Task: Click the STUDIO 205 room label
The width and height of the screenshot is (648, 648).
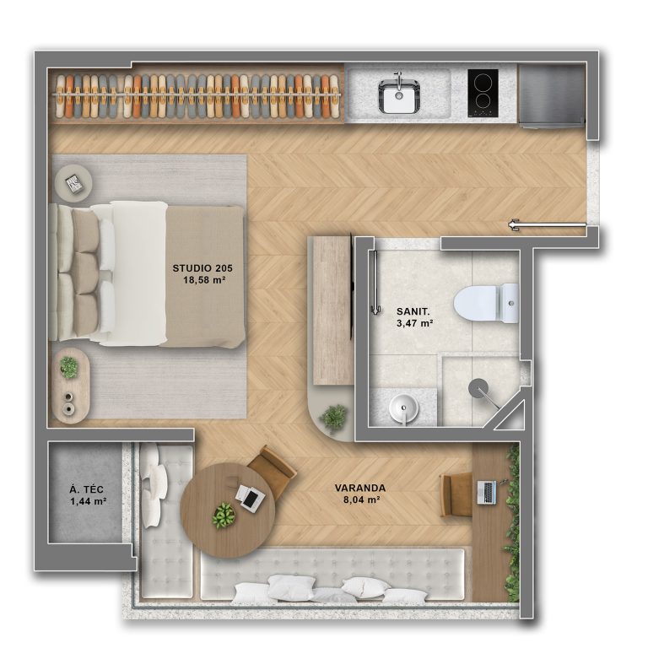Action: (202, 268)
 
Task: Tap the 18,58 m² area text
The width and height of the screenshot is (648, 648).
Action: (204, 280)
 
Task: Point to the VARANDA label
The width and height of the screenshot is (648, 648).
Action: (360, 488)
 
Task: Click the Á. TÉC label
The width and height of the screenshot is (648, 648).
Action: (86, 490)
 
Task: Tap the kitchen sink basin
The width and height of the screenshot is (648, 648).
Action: (399, 96)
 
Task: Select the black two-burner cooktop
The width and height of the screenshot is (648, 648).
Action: (483, 93)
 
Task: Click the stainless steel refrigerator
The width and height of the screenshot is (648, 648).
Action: (551, 95)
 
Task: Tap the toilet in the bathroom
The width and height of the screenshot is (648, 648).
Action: (486, 304)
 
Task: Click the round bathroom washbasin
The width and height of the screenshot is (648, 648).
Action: (403, 408)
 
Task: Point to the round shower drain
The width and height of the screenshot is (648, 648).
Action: (478, 388)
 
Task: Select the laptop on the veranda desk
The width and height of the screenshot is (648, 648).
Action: (486, 492)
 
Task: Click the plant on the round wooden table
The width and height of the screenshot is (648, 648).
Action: (224, 516)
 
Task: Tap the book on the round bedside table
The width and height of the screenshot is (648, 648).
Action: (74, 184)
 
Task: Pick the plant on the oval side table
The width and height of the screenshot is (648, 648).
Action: (68, 366)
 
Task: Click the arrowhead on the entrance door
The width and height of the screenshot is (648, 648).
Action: (514, 224)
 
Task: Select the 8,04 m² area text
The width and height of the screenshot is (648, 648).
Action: (362, 499)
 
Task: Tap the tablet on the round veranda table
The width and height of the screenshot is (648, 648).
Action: (250, 499)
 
